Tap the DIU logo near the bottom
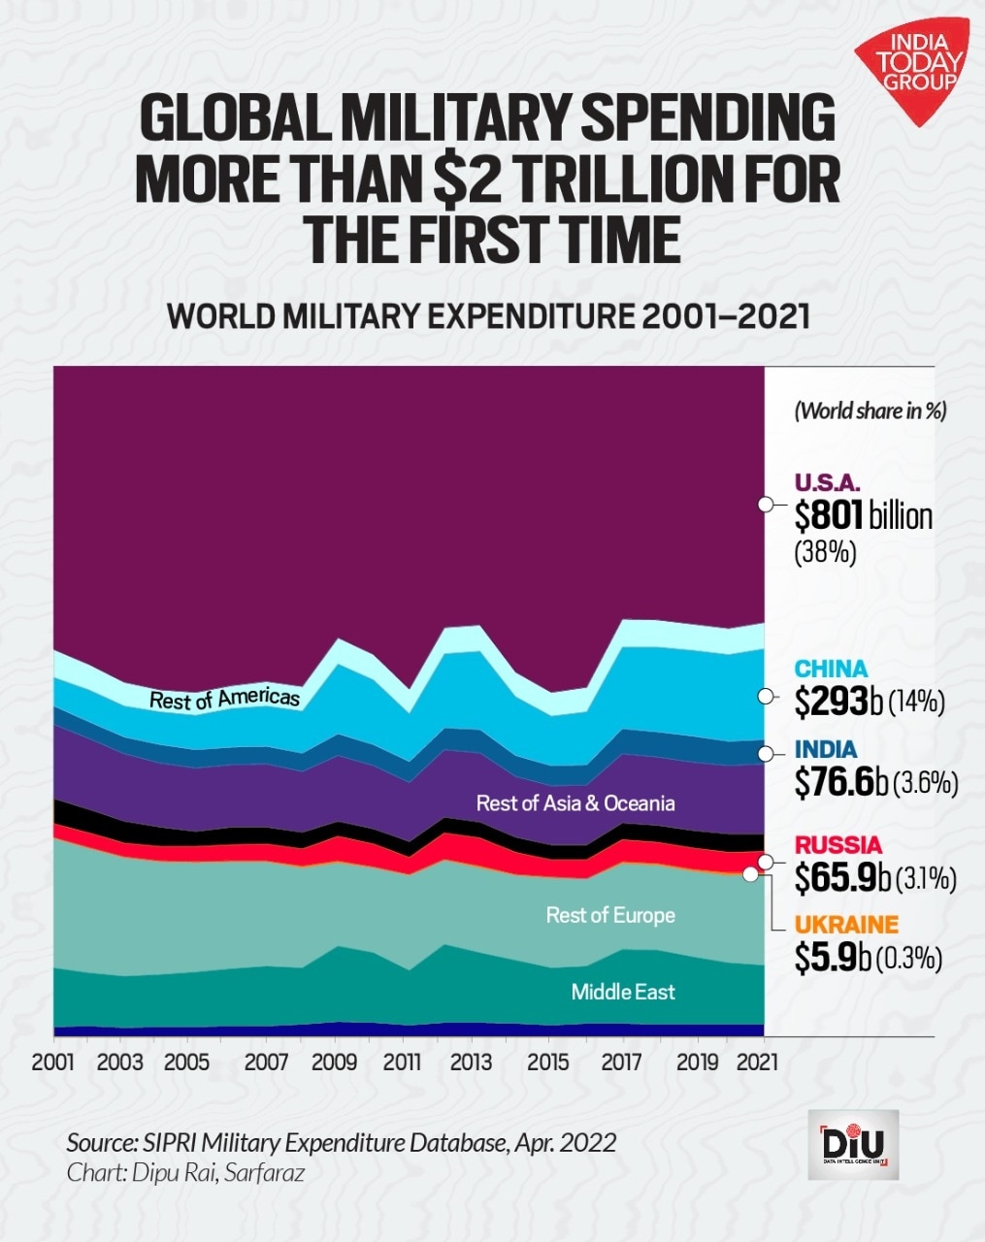pyautogui.click(x=853, y=1145)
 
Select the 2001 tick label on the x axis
pyautogui.click(x=54, y=1062)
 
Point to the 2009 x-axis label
pyautogui.click(x=335, y=1062)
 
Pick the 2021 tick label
pyautogui.click(x=757, y=1062)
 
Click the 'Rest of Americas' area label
pyautogui.click(x=224, y=699)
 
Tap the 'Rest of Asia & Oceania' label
pyautogui.click(x=575, y=803)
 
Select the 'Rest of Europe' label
pyautogui.click(x=610, y=915)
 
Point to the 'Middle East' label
pyautogui.click(x=622, y=992)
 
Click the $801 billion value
pyautogui.click(x=863, y=516)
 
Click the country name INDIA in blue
pyautogui.click(x=825, y=749)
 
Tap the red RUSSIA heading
pyautogui.click(x=838, y=844)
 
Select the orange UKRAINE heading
pyautogui.click(x=846, y=925)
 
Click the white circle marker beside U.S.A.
pyautogui.click(x=765, y=505)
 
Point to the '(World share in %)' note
pyautogui.click(x=870, y=410)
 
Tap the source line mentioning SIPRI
pyautogui.click(x=341, y=1142)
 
